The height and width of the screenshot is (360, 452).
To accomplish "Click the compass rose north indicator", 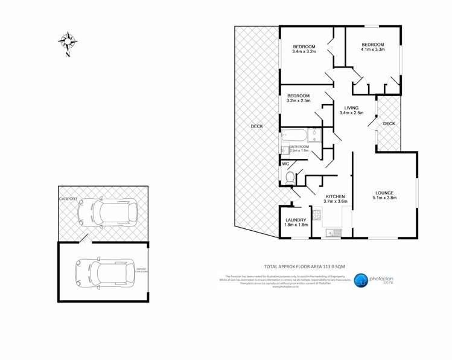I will click(x=68, y=42).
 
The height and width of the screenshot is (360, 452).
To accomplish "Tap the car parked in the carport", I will click(x=107, y=213).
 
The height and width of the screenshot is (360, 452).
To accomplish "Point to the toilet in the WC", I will click(x=290, y=178).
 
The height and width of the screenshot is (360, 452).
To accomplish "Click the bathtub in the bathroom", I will click(x=294, y=135).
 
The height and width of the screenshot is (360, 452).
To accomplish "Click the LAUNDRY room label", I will click(x=296, y=220).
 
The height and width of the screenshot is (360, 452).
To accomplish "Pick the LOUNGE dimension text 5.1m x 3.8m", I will click(x=384, y=198).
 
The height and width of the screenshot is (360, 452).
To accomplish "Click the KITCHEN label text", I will click(x=335, y=197).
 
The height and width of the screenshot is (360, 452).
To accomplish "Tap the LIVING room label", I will click(x=351, y=108).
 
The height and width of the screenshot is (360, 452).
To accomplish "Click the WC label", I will click(x=285, y=164).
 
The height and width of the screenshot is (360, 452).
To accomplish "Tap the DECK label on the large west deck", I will click(x=256, y=126).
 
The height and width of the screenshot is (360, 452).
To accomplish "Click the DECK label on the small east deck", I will click(x=389, y=124).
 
